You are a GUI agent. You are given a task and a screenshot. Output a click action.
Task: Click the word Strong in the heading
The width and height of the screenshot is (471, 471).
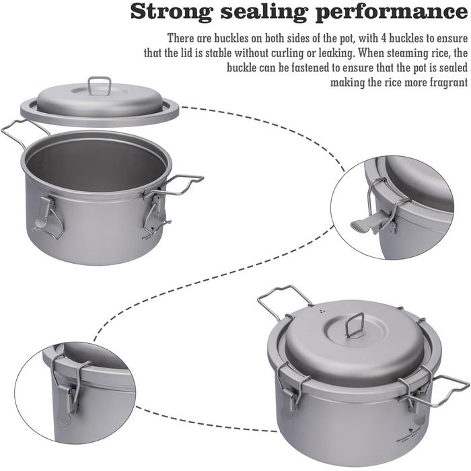pyautogui.click(x=172, y=13)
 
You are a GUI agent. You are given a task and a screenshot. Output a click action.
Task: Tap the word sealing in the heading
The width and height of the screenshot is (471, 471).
pyautogui.click(x=265, y=13)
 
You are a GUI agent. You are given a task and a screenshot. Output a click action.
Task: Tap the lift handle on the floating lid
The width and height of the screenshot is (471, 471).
pyautogui.click(x=100, y=85)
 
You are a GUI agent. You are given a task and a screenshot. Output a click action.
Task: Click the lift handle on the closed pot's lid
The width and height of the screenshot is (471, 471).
pyautogui.click(x=355, y=324)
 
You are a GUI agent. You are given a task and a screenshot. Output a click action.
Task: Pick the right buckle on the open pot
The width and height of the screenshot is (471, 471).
pyautogui.click(x=155, y=214)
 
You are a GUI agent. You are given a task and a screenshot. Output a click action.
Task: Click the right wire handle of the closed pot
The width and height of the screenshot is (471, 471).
pyautogui.click(x=441, y=390)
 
